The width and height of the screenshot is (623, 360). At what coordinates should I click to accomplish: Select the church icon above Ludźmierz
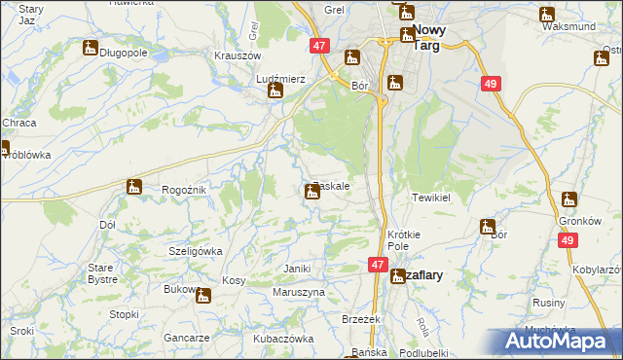[275, 91]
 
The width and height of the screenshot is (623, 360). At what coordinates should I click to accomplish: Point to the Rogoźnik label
[183, 190]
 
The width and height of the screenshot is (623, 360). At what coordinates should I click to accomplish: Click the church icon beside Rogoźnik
[134, 186]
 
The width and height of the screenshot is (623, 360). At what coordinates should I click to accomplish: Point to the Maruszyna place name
[298, 292]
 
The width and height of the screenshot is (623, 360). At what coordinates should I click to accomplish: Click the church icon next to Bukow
[203, 295]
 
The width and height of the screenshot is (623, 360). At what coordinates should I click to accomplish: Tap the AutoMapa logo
[555, 341]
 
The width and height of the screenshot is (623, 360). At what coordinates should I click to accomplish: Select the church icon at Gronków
[569, 200]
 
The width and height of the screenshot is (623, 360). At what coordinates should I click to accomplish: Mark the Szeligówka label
[196, 250]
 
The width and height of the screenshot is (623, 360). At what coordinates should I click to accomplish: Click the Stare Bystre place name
[102, 272]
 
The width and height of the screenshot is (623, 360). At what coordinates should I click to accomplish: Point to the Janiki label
[296, 269]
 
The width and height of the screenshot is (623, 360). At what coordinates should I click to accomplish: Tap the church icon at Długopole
[91, 47]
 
